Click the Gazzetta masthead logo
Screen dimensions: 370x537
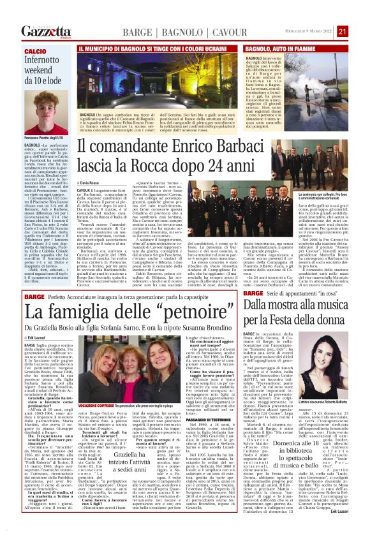coord(46,32)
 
